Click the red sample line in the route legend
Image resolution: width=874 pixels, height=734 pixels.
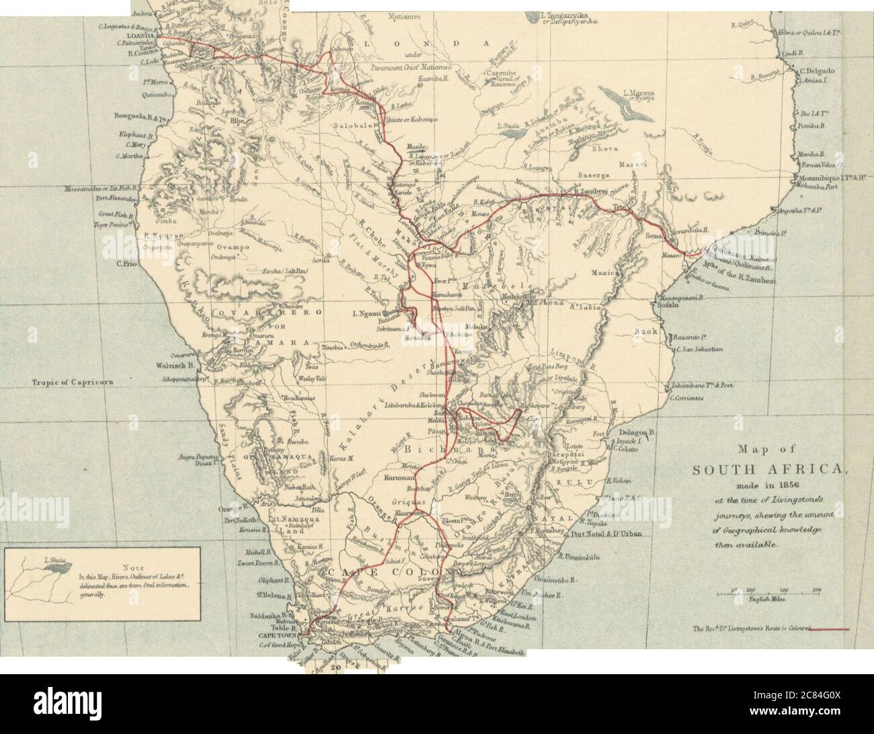click(832, 629)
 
